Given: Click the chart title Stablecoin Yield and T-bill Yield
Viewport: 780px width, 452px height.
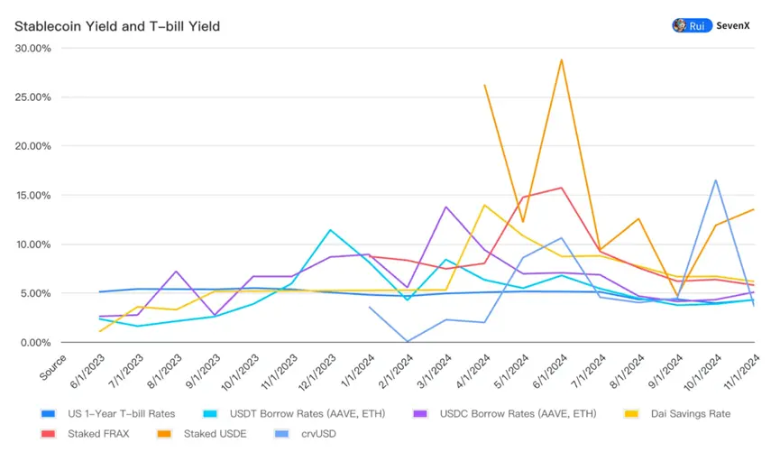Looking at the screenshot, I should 117,26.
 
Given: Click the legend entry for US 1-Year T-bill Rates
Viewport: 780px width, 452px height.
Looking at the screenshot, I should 118,413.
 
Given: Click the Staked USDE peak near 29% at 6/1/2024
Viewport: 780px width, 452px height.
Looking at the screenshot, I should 562,60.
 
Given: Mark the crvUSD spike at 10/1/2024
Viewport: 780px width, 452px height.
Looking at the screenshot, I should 715,180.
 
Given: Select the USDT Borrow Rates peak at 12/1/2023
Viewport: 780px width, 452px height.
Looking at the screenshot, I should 331,230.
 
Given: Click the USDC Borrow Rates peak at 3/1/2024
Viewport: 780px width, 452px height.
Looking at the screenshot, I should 446,207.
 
